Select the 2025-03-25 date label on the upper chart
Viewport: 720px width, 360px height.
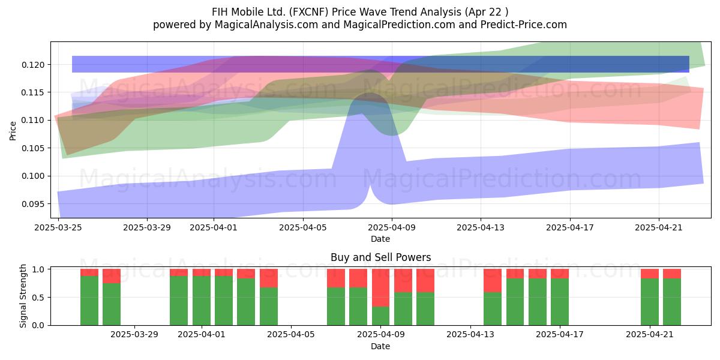(58, 227)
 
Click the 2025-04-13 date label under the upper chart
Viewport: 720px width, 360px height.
(481, 227)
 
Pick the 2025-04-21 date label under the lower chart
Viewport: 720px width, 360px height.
(650, 335)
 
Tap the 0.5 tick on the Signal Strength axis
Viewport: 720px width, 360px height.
(38, 298)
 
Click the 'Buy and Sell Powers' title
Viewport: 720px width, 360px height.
(380, 257)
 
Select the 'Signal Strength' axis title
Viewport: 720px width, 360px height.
(23, 296)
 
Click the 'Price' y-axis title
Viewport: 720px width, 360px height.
(13, 131)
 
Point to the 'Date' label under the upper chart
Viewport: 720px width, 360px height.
(380, 239)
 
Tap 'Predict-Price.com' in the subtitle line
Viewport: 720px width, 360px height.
(524, 25)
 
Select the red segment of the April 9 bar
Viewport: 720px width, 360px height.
(380, 287)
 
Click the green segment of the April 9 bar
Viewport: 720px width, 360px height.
(380, 316)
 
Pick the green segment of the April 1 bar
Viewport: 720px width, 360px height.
(202, 301)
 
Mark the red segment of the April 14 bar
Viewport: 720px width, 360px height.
(493, 281)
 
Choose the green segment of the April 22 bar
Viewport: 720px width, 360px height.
(672, 302)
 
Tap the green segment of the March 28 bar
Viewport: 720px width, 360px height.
(112, 304)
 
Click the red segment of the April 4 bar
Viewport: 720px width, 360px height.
(269, 278)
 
